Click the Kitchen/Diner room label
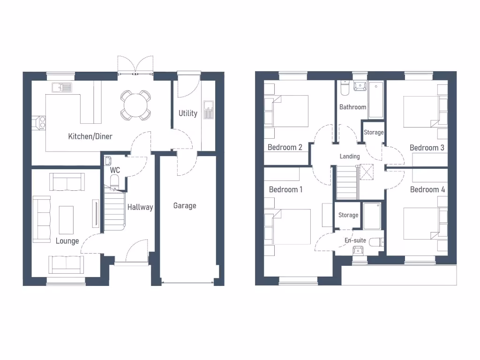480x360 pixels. pyautogui.click(x=90, y=136)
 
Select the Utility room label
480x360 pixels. pyautogui.click(x=187, y=113)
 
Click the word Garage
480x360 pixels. pyautogui.click(x=185, y=205)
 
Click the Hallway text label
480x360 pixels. pyautogui.click(x=140, y=207)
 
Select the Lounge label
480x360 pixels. pyautogui.click(x=67, y=241)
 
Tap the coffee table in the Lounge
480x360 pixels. pyautogui.click(x=66, y=220)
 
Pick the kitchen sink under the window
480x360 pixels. pyautogui.click(x=62, y=87)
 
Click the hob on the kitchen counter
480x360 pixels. pyautogui.click(x=38, y=122)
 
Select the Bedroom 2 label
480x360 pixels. pyautogui.click(x=285, y=147)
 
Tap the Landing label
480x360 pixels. pyautogui.click(x=350, y=156)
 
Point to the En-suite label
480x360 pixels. pyautogui.click(x=355, y=240)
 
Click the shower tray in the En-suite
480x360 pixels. pyautogui.click(x=372, y=216)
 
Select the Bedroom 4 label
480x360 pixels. pyautogui.click(x=427, y=189)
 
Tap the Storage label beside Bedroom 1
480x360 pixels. pyautogui.click(x=348, y=215)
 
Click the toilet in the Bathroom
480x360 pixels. pyautogui.click(x=345, y=89)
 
